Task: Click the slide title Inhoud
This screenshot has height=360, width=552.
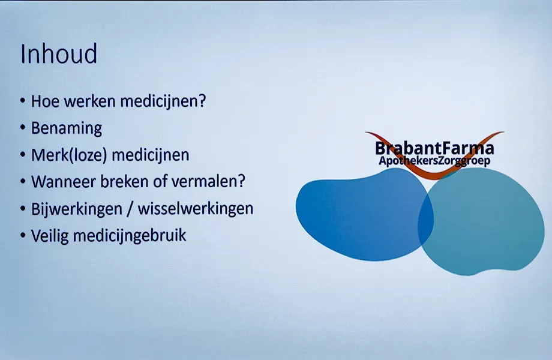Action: tap(59, 54)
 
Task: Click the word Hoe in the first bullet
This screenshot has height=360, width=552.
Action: tap(46, 101)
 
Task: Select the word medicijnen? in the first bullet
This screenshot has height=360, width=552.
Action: tap(163, 102)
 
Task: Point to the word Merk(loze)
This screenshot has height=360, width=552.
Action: tap(68, 155)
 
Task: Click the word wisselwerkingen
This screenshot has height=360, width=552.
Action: tap(196, 209)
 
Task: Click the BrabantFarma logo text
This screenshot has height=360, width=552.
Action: tap(434, 148)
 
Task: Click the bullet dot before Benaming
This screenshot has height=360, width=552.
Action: tap(23, 128)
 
